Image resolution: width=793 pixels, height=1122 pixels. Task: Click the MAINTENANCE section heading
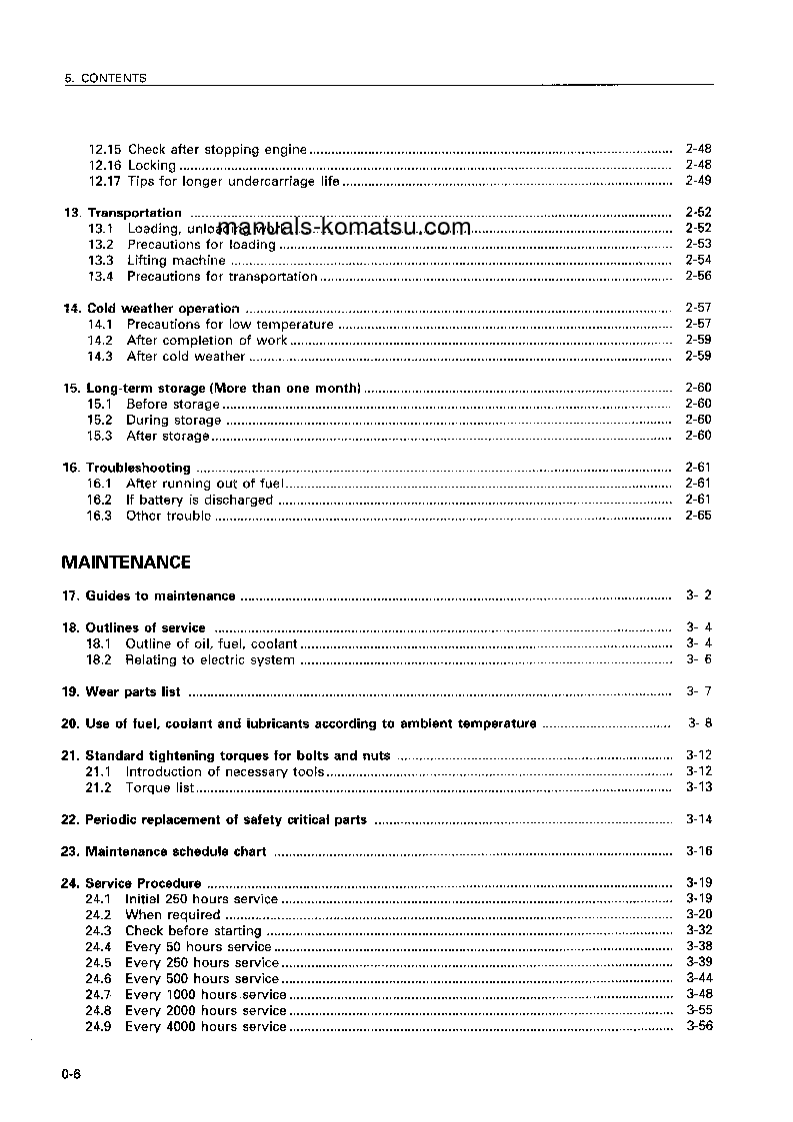pos(126,562)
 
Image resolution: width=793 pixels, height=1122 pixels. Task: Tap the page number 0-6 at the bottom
pos(71,1074)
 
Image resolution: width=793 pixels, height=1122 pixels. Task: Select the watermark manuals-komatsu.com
pos(344,227)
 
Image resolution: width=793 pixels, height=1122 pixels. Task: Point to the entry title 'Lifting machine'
pos(176,261)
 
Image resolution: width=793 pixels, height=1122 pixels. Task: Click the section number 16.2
pos(99,500)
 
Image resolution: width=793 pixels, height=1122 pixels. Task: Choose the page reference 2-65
pos(698,516)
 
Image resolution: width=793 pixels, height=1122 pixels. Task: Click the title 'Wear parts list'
pos(133,691)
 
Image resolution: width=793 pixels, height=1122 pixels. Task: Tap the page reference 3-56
pos(699,1026)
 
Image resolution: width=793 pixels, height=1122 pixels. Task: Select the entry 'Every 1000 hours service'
pos(206,994)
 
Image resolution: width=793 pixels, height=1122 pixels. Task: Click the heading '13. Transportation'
pos(122,213)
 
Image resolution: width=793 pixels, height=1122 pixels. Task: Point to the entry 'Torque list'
pos(160,787)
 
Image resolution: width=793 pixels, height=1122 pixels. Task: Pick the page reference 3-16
pos(699,851)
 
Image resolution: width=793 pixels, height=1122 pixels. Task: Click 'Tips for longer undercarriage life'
pos(233,181)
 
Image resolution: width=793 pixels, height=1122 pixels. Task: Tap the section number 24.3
pos(98,930)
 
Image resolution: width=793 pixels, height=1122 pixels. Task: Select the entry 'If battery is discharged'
pos(199,500)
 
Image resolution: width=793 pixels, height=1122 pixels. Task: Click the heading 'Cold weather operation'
pos(163,309)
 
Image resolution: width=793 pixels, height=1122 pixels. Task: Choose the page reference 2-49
pos(698,181)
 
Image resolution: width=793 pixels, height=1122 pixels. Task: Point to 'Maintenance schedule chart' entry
pos(176,851)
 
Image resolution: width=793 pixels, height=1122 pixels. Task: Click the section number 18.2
pos(98,659)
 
